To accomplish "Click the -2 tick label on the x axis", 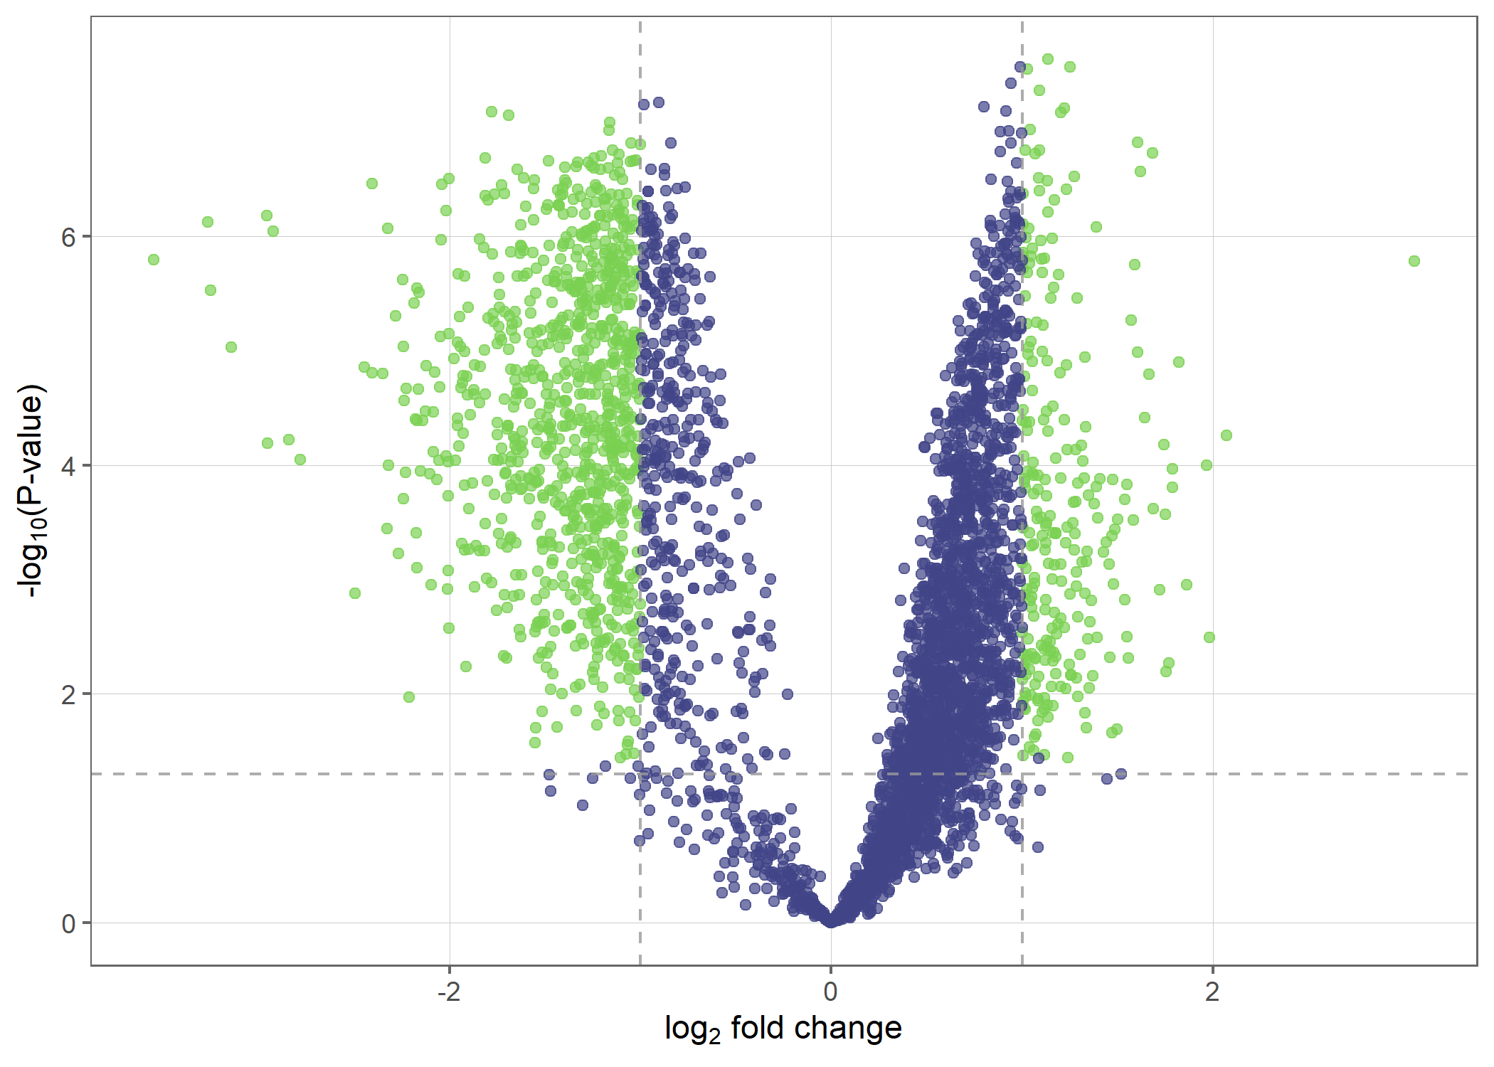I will (x=449, y=992).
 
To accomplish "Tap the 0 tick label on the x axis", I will (x=830, y=992).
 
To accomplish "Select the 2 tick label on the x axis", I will (x=1212, y=992).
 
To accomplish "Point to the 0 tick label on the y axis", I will (x=68, y=923).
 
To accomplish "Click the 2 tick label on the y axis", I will (x=68, y=694).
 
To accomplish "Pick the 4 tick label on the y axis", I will (x=68, y=466).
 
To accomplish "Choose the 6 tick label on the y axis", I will (x=68, y=237).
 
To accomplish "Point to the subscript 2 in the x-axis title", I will (x=716, y=1036).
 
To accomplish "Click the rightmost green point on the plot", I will (x=1414, y=261).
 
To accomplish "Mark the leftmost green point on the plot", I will (x=154, y=260).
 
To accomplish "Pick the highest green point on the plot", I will (x=1048, y=59).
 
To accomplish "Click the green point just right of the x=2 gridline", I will (x=1227, y=435).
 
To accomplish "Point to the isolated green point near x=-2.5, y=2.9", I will (x=355, y=593).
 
